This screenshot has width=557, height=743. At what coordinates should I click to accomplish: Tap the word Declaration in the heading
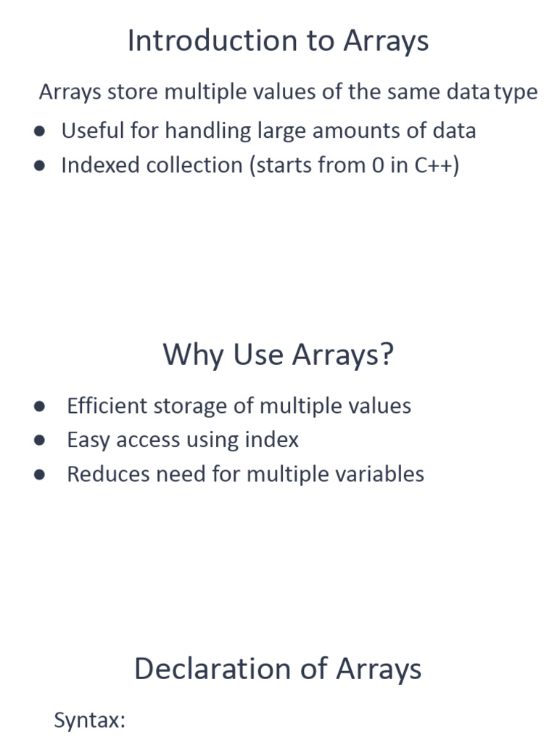coord(213,668)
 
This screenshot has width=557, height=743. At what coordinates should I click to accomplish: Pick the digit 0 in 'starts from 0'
coord(377,165)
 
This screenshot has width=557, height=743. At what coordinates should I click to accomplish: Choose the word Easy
coord(88,440)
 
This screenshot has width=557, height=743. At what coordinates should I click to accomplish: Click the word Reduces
coord(109,474)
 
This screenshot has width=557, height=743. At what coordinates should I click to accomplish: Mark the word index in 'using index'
coord(272,440)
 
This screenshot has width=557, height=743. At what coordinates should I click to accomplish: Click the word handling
coord(208,131)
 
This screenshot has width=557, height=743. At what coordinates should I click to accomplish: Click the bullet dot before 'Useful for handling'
coord(40,131)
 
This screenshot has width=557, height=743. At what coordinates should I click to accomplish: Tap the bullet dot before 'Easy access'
coord(40,440)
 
